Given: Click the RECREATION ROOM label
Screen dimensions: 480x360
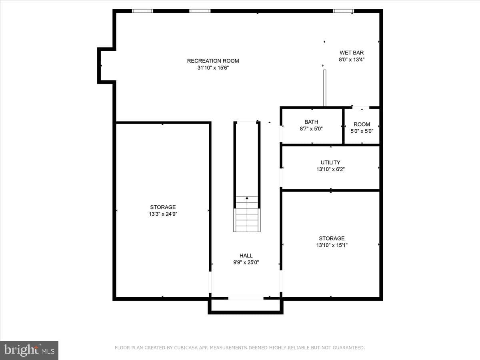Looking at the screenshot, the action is coord(213,61).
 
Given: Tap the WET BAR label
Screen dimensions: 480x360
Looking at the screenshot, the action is coord(352,53).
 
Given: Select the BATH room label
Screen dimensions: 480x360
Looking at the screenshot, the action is coord(311,122).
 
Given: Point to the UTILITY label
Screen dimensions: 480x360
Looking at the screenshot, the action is coord(330,162).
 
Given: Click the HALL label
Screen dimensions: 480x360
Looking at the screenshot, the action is coord(246,256).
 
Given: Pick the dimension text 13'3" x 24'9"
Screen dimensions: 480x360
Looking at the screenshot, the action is coord(163,214).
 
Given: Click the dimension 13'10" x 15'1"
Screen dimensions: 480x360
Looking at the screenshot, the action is coord(332,245).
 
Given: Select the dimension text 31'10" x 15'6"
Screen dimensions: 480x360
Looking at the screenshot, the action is coord(213,68).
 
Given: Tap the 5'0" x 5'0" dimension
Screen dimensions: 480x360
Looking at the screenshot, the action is coord(362,131).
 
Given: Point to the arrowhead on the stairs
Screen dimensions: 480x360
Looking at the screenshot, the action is coord(247,198).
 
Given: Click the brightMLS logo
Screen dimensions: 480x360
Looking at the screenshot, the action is coord(29,350).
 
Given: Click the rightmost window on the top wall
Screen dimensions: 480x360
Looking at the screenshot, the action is coord(343,11).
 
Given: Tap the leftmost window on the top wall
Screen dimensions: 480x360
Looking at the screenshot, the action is coord(142,11).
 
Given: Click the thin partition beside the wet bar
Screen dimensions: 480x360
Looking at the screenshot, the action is coord(325,88).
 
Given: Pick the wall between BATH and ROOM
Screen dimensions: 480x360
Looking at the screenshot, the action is coord(343,126).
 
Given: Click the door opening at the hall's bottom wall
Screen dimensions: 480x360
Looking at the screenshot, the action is coord(246,298).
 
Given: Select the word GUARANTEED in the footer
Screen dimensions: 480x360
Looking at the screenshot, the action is coord(348,348).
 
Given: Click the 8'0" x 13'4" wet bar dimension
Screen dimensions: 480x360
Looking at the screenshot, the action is coord(352,60).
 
